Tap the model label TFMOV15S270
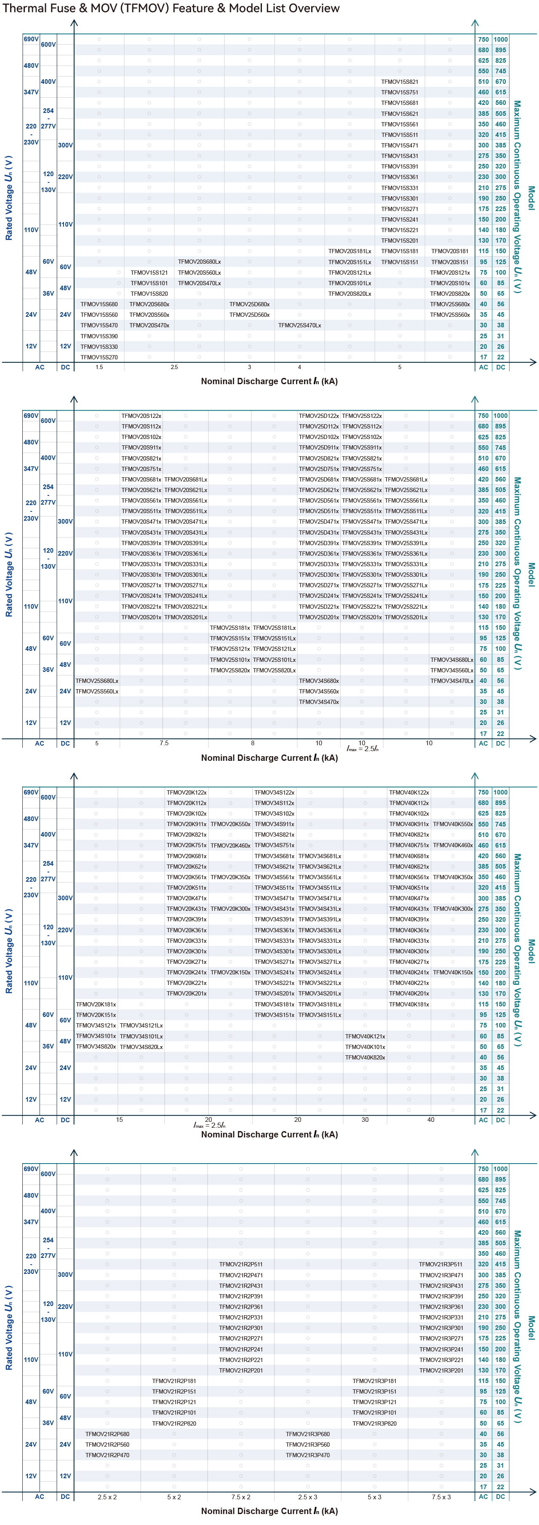[99, 357]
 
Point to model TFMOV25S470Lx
[299, 325]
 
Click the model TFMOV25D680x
[249, 304]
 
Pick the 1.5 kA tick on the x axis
[99, 367]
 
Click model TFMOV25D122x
[318, 416]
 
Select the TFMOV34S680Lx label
[451, 659]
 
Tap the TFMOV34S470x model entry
[318, 701]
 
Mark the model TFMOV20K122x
[187, 792]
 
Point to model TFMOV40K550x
[453, 824]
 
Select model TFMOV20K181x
[96, 1004]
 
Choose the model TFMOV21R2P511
[241, 1264]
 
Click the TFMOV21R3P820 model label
[374, 1423]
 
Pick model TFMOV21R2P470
[107, 1455]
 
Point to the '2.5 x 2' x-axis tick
[107, 1497]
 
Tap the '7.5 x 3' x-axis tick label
[441, 1497]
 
